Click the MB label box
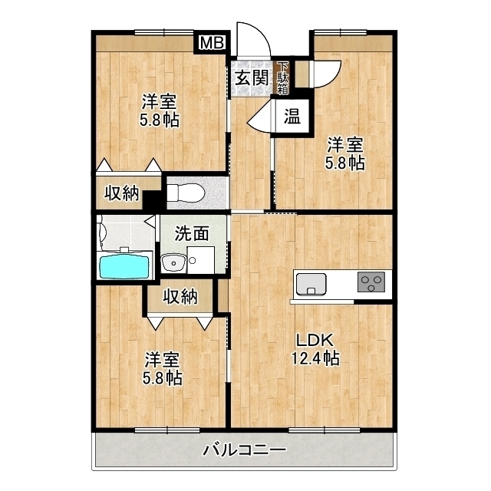pos(212,43)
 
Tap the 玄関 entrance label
pos(252,78)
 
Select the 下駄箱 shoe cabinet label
pos(283,78)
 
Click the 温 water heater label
pos(292,117)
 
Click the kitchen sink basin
pos(310,283)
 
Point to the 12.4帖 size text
pos(315,357)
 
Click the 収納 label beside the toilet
pos(122,193)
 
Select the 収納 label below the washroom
pos(180,296)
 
